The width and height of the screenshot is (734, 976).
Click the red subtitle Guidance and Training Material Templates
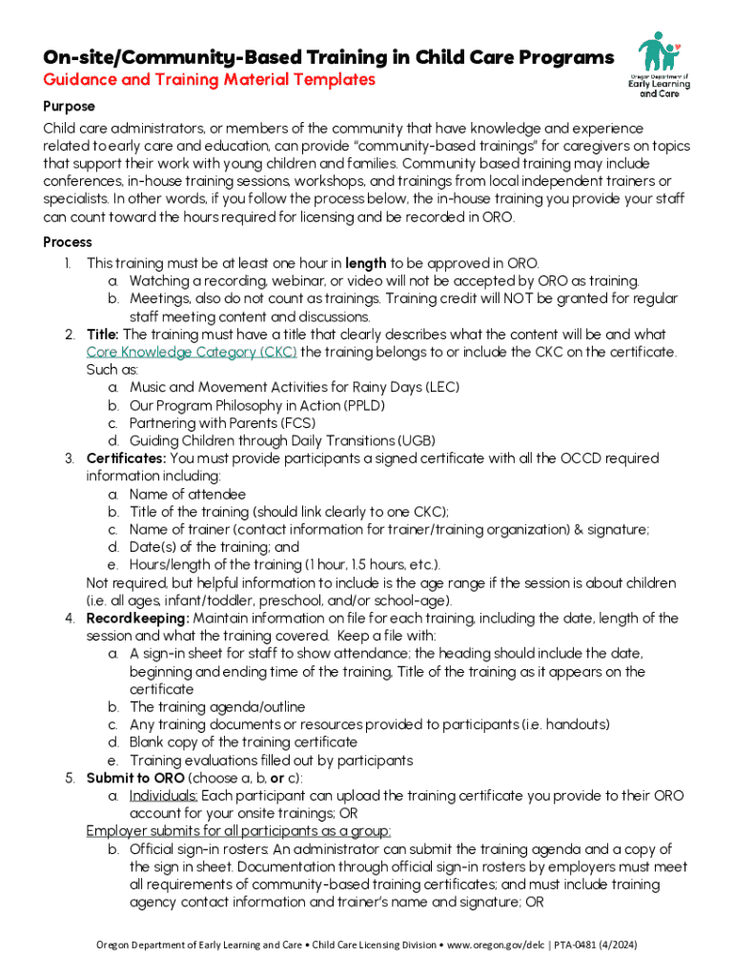(209, 80)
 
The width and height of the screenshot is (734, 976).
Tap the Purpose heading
(69, 106)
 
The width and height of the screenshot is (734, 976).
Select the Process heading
(68, 242)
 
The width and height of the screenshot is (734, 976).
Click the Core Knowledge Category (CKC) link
(192, 352)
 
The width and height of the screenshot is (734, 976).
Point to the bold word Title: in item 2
(103, 335)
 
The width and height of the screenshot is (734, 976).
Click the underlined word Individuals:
(164, 796)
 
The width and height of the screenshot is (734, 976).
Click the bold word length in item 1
(365, 263)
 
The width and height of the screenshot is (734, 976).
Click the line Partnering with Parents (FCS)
(235, 423)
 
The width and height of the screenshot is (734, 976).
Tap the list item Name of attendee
(188, 494)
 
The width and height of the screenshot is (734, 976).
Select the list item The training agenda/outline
(217, 707)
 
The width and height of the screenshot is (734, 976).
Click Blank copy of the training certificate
(243, 742)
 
